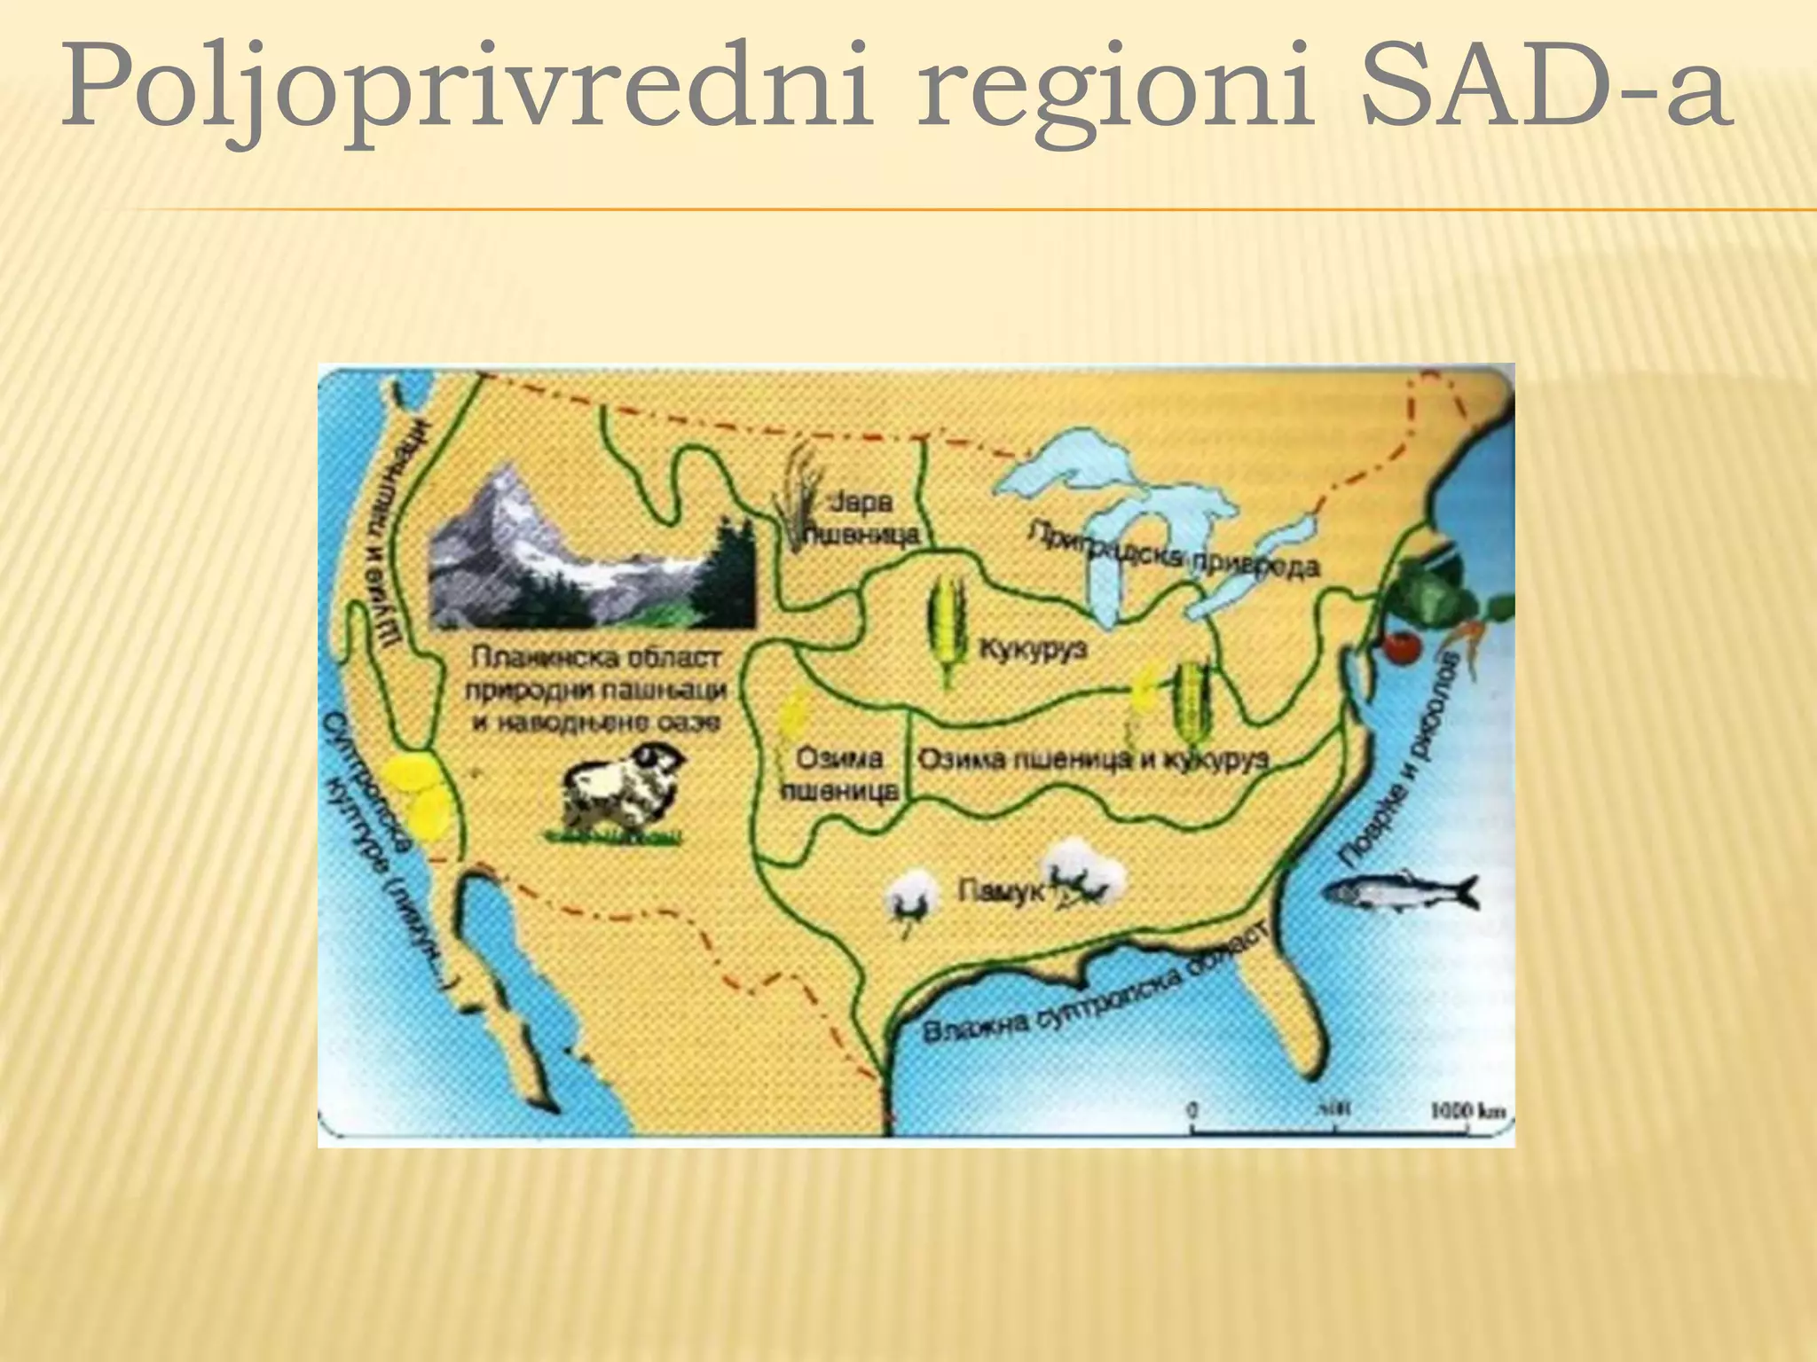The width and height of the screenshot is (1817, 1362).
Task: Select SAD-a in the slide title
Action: pyautogui.click(x=1545, y=89)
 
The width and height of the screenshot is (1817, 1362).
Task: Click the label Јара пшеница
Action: pyautogui.click(x=861, y=519)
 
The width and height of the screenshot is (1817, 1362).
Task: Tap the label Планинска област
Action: pyautogui.click(x=597, y=659)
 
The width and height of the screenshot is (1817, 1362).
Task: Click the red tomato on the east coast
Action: pyautogui.click(x=1403, y=647)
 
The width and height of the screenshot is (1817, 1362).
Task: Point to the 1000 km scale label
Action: pyautogui.click(x=1467, y=1110)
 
